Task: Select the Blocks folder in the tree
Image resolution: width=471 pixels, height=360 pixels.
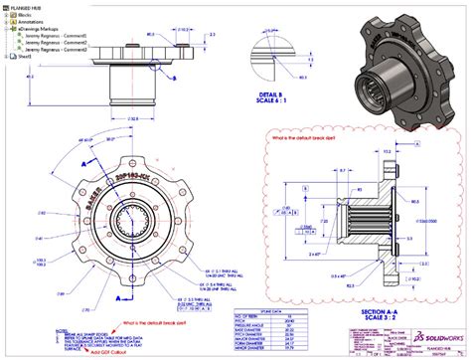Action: (25, 16)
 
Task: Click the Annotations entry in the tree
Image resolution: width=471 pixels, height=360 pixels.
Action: (32, 24)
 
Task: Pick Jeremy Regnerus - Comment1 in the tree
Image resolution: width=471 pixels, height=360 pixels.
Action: (58, 39)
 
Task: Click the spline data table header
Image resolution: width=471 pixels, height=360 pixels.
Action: (261, 281)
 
